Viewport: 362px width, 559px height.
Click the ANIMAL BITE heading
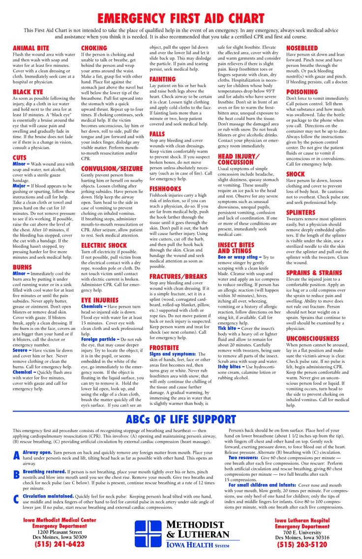pos(31,48)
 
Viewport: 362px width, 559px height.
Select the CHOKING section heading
pos(94,48)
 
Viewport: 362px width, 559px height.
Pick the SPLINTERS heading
pos(301,212)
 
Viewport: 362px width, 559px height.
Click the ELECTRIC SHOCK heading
pos(104,245)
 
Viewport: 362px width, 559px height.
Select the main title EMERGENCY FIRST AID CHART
pos(181,19)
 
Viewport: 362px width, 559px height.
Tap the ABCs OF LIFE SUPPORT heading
pos(181,419)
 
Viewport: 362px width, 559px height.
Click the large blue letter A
pos(17,455)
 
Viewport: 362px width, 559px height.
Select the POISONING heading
pos(302,91)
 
